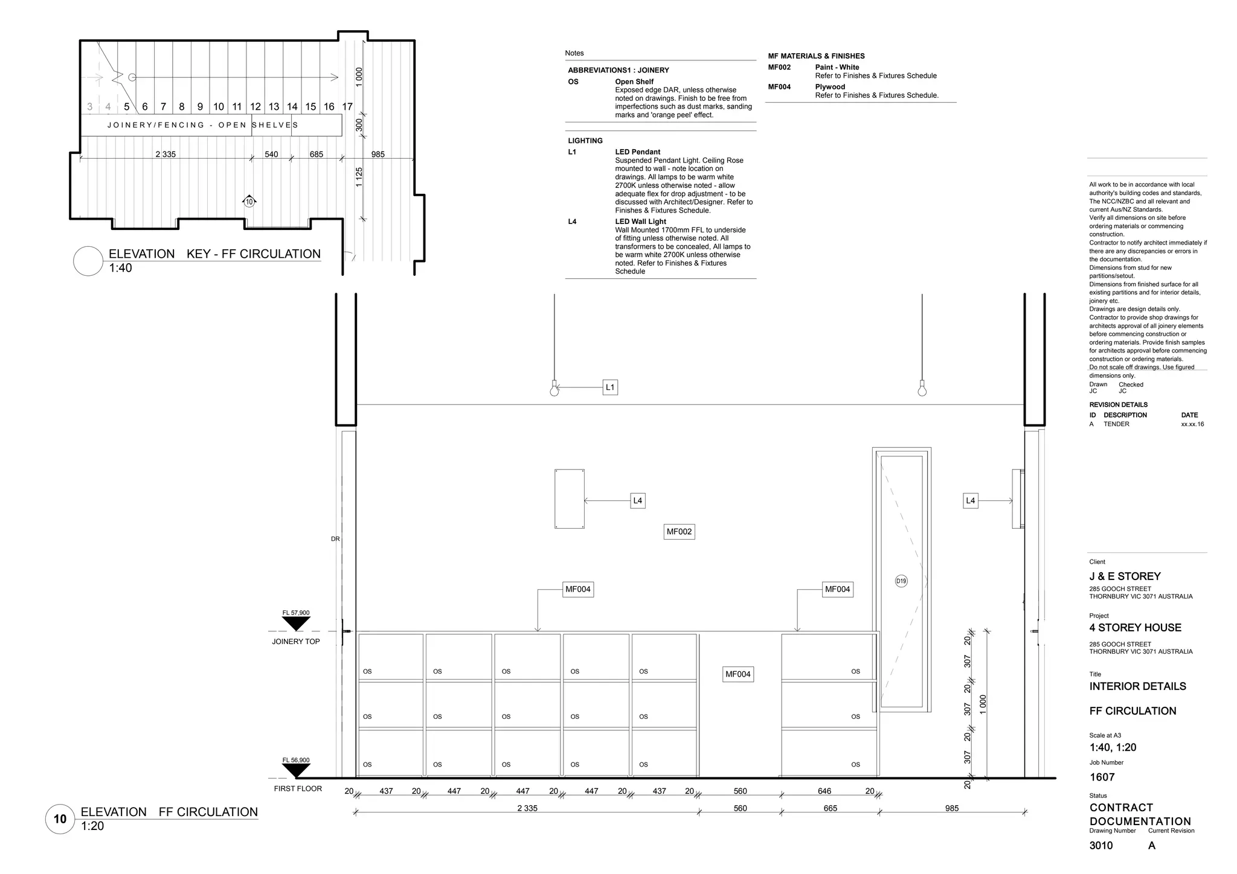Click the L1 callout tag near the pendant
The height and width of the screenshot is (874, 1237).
click(x=610, y=388)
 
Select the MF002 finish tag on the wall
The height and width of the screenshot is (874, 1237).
click(x=679, y=532)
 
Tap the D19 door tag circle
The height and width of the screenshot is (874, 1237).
click(x=901, y=581)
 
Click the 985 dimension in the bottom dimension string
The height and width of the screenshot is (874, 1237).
click(x=952, y=808)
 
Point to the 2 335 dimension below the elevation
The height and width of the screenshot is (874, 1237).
click(x=527, y=808)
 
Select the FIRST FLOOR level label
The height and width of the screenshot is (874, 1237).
click(x=298, y=788)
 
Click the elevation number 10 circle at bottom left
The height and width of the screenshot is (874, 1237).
click(x=60, y=819)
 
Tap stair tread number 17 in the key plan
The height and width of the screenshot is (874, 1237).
click(x=347, y=107)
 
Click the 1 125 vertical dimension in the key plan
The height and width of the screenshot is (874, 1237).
click(x=359, y=177)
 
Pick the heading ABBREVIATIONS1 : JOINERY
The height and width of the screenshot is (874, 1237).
click(x=618, y=71)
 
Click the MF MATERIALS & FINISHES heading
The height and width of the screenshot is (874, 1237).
click(x=816, y=56)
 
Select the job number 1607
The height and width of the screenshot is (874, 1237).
click(x=1102, y=777)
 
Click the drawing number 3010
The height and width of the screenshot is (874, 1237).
click(x=1100, y=846)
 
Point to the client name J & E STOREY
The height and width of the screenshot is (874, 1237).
click(x=1125, y=576)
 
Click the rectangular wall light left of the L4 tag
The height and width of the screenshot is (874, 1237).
click(x=569, y=499)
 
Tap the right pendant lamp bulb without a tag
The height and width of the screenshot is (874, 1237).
click(x=922, y=390)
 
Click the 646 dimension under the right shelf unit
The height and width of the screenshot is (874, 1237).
click(x=824, y=791)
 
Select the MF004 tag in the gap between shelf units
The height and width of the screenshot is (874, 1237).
click(x=737, y=674)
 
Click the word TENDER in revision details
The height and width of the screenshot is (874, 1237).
click(x=1116, y=424)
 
